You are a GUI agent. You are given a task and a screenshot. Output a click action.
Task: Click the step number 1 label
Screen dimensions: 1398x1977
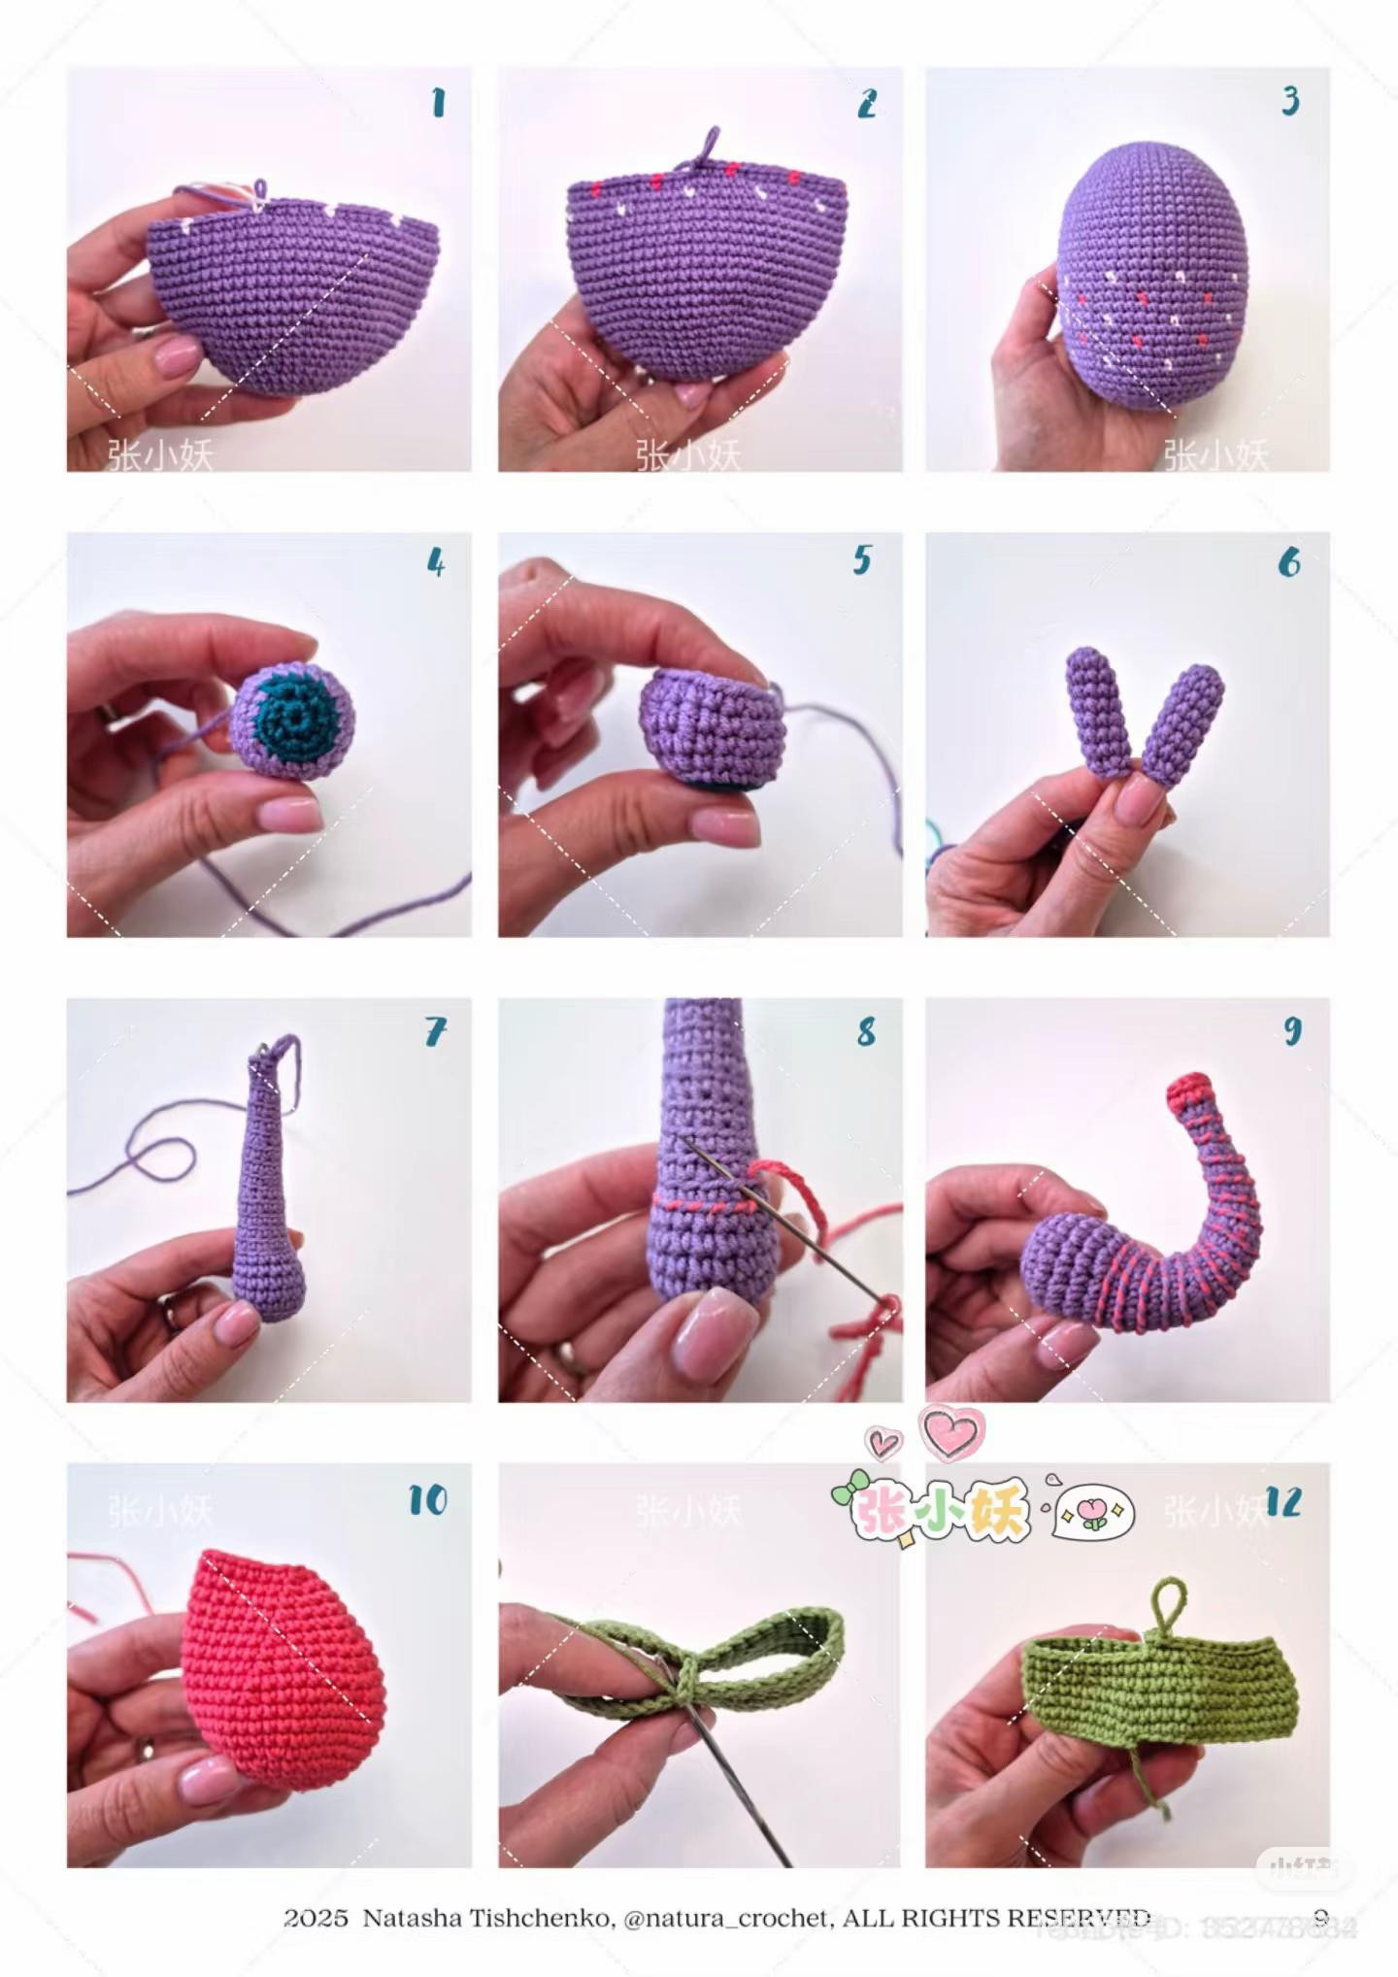pyautogui.click(x=439, y=103)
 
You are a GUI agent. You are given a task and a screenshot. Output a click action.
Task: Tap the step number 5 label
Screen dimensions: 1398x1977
pyautogui.click(x=862, y=560)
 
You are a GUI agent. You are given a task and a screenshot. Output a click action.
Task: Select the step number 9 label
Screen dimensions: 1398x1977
pyautogui.click(x=1292, y=1030)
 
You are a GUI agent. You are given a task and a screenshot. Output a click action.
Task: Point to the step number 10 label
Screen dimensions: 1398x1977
pyautogui.click(x=427, y=1500)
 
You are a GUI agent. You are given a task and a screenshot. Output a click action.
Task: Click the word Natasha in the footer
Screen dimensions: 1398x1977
pyautogui.click(x=412, y=1918)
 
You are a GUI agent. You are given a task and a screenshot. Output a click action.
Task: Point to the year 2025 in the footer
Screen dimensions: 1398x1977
pyautogui.click(x=316, y=1918)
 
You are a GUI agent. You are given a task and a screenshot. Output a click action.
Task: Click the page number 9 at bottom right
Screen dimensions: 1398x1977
pyautogui.click(x=1320, y=1918)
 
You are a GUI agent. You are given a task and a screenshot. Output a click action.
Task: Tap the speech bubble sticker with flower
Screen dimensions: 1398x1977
pyautogui.click(x=1093, y=1514)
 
